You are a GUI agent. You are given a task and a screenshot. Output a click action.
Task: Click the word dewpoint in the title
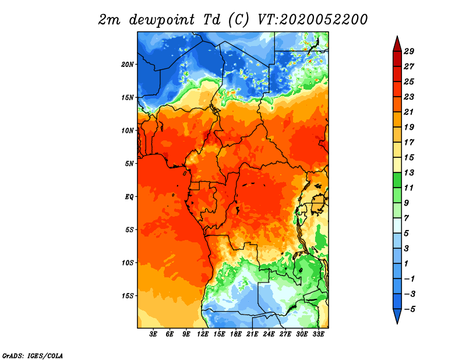tap(162, 20)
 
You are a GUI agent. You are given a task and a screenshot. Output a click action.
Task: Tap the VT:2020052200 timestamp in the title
tap(312, 20)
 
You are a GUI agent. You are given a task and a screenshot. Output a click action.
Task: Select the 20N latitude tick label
tap(128, 64)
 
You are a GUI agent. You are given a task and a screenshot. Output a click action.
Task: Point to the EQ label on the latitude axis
tap(129, 196)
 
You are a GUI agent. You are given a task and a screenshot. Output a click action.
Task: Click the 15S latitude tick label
tap(128, 296)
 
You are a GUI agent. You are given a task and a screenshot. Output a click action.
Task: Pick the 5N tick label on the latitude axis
tap(129, 164)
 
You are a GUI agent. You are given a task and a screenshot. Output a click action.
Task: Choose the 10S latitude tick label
tap(128, 263)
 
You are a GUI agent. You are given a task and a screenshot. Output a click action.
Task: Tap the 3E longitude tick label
tap(153, 334)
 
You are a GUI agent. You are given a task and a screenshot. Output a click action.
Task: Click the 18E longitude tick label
tap(236, 334)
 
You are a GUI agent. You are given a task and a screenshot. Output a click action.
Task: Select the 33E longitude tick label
tap(318, 334)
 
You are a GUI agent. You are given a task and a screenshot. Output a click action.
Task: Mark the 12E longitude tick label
tap(203, 334)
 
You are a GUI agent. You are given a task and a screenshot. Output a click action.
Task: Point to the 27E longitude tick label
tap(285, 334)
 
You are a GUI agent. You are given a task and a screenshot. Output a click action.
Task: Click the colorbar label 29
tap(409, 51)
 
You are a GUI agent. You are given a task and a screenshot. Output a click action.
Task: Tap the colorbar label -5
tap(409, 309)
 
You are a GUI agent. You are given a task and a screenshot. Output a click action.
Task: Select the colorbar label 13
tap(409, 172)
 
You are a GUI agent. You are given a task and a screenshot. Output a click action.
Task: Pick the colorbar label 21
tap(409, 112)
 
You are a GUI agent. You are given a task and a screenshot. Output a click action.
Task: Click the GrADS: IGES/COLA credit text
tap(33, 355)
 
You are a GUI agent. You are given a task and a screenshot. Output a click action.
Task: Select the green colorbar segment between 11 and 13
tap(397, 180)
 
